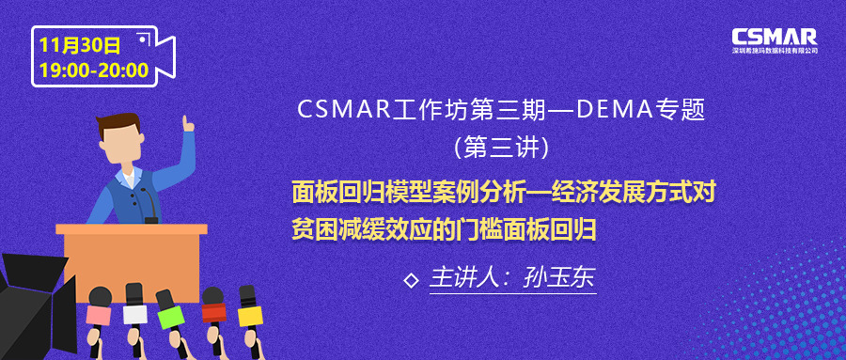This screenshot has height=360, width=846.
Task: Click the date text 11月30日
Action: coord(80,46)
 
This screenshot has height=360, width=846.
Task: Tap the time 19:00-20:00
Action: coord(94,70)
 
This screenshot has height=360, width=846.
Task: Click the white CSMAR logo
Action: coord(775,40)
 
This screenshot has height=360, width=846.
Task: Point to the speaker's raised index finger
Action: coord(186,121)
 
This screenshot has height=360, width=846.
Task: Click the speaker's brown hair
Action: coord(118,123)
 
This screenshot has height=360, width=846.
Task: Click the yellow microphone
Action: coord(249,307)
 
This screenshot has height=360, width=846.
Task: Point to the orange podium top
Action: coord(132,229)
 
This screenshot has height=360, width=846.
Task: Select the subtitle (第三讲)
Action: coord(502,148)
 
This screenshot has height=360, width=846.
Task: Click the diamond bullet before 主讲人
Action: coord(411,281)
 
